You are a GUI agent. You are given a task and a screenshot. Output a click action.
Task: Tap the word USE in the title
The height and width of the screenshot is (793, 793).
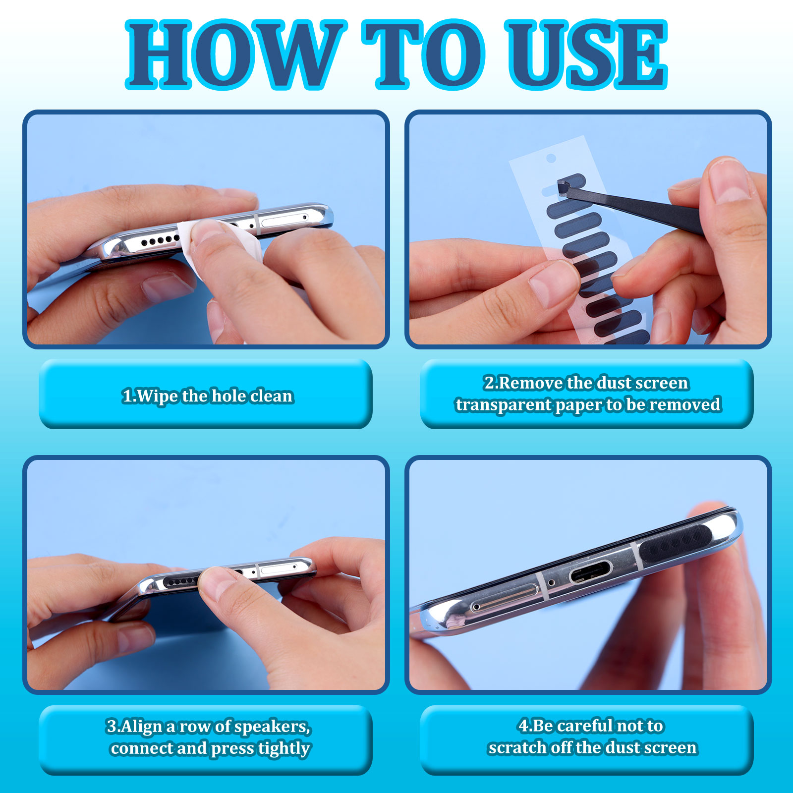click(586, 55)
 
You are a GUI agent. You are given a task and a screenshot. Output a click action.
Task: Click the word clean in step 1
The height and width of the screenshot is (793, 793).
click(272, 396)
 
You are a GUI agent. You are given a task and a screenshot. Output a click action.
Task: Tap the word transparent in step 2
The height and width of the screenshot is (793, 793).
click(504, 405)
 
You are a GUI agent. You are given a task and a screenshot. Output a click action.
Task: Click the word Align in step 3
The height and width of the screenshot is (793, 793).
click(142, 727)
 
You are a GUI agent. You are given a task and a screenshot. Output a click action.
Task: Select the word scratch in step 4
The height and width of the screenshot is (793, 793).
click(514, 747)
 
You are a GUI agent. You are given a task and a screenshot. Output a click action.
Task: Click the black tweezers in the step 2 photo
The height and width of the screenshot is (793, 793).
click(634, 206)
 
